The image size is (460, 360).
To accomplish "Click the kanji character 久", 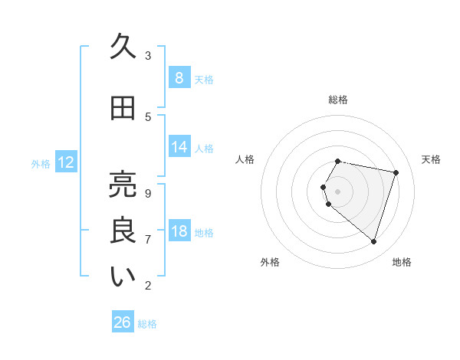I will [x=123, y=47].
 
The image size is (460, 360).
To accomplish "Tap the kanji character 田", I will [x=123, y=109].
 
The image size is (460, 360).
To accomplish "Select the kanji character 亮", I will [x=123, y=184].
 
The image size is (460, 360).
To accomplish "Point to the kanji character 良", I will [x=123, y=231].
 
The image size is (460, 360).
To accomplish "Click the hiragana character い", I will [x=123, y=277].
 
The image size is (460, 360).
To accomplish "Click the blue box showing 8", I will [x=179, y=77].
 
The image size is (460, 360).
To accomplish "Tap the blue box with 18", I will [x=179, y=231].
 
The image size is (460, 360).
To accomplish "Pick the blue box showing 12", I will [x=66, y=162].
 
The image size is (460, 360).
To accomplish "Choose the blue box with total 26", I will [x=123, y=322].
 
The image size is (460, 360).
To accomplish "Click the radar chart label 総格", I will [x=338, y=100].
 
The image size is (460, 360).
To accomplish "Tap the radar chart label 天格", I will [x=432, y=159].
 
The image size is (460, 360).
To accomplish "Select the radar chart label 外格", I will [x=270, y=262].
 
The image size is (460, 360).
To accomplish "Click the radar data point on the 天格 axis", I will [x=396, y=172].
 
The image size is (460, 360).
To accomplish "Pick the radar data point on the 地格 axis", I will [x=373, y=241].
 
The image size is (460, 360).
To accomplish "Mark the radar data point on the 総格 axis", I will [x=338, y=161].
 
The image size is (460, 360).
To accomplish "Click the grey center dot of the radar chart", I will [x=338, y=191].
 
